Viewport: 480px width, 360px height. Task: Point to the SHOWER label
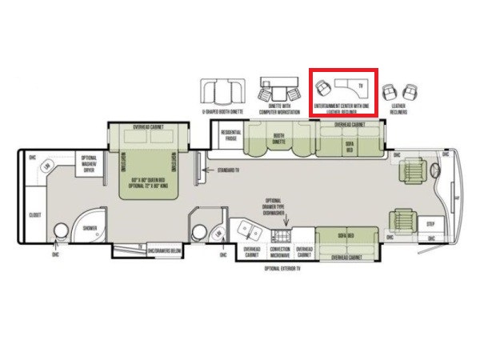coord(89,228)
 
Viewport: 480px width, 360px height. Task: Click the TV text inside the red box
coord(361,85)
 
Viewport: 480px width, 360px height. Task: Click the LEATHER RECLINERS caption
coord(398,109)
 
